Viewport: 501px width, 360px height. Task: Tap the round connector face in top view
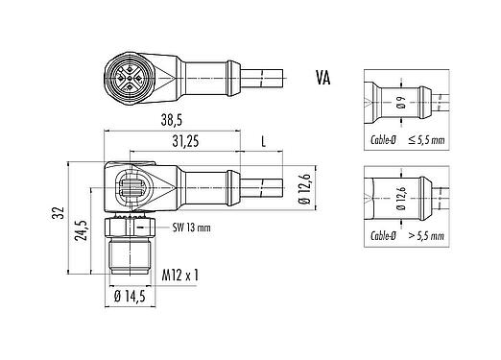126,76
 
